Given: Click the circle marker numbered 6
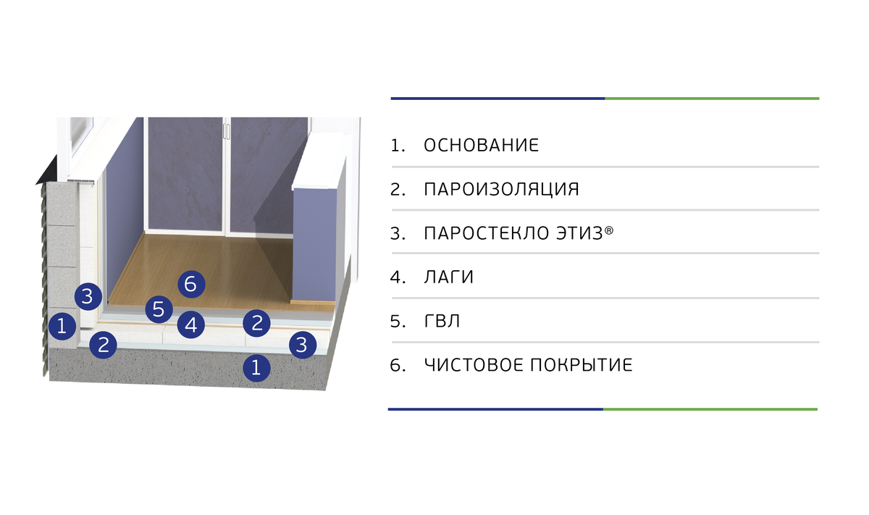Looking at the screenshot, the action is coord(190,285).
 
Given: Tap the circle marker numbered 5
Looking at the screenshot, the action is coord(159,309).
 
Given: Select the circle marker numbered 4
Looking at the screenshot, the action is coord(190,325).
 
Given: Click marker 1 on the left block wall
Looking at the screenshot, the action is coord(62,326).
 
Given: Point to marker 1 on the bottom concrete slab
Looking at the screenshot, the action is coord(256,367).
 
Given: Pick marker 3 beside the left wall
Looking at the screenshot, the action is coord(87,296).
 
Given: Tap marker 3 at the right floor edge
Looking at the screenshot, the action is coord(303,345).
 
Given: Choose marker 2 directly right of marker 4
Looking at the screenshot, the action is coord(256,322).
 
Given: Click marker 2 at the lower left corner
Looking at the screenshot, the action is coord(104,344).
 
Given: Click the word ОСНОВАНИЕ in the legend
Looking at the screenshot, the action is coord(481,146).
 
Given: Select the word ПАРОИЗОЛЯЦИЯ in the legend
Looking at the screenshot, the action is coord(501,190).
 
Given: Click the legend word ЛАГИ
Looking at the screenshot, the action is coord(448,277).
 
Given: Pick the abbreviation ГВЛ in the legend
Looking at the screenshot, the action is coord(442,322).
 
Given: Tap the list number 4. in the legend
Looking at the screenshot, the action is coord(398,277).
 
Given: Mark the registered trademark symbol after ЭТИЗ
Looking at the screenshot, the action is coord(609,230).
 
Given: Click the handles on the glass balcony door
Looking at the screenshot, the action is coord(226,131).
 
